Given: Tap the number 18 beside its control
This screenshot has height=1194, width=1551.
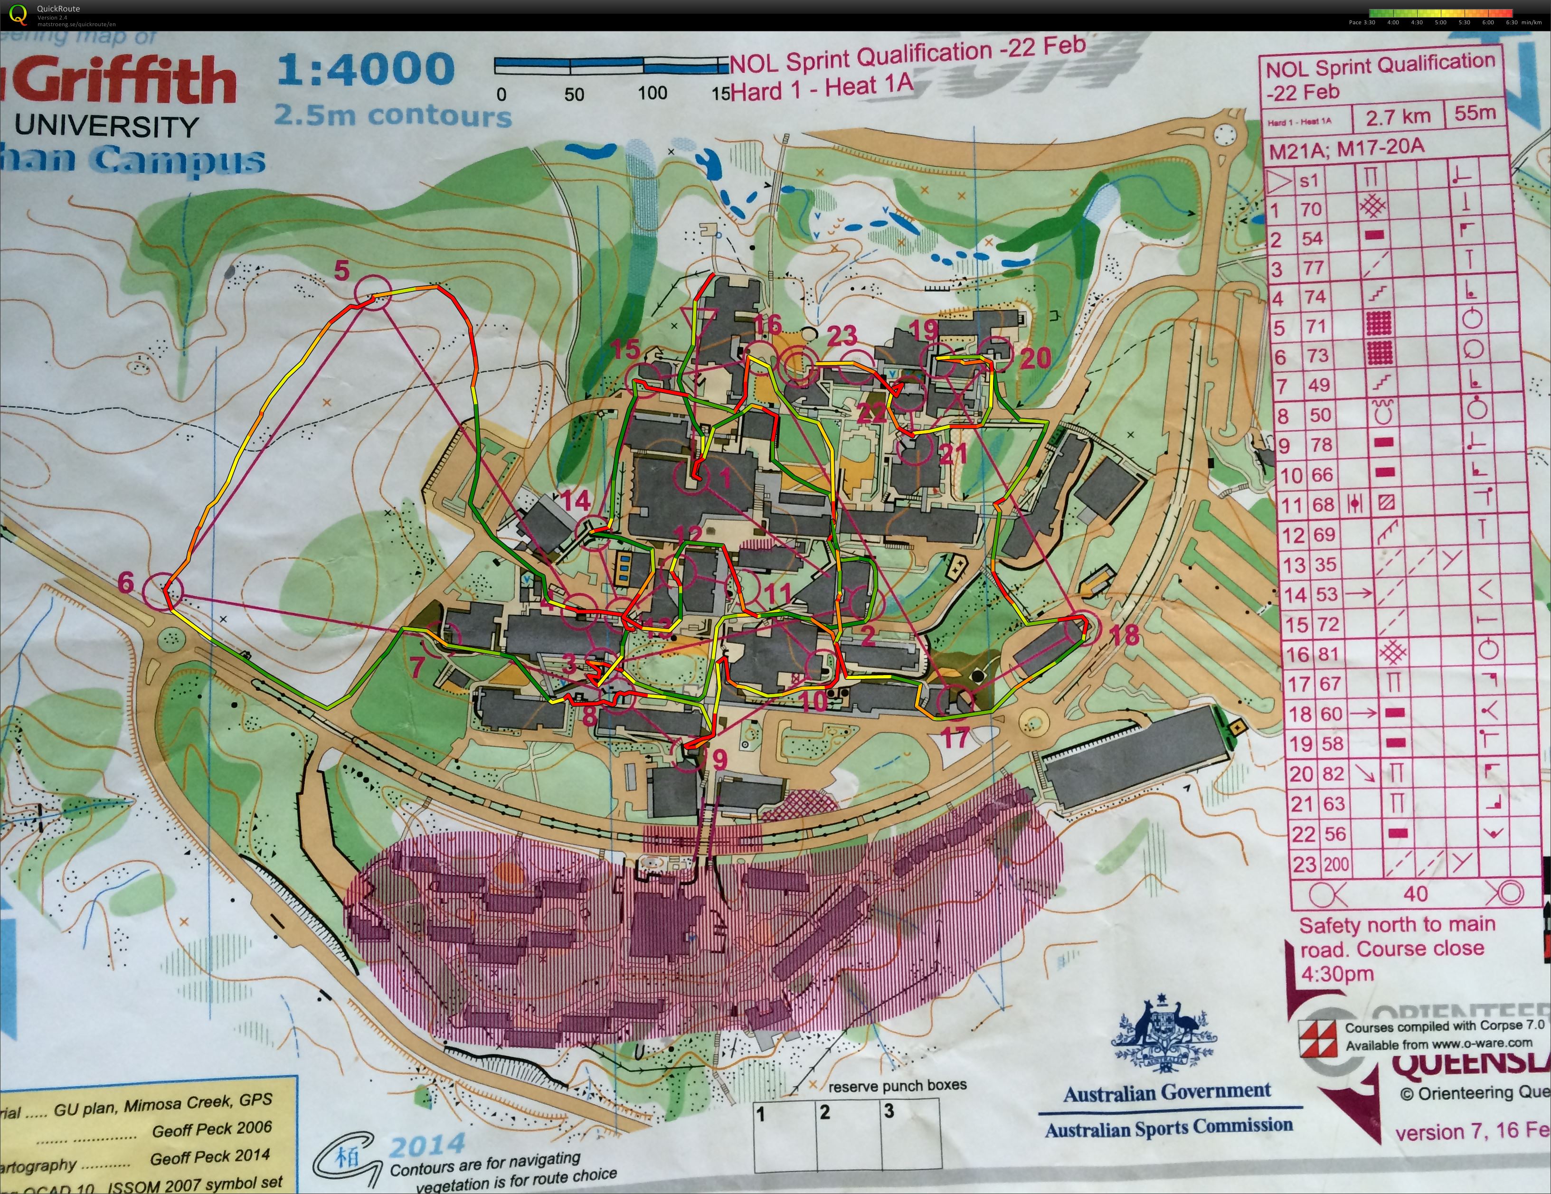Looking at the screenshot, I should tap(1124, 635).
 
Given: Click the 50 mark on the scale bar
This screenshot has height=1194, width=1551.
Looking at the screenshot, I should tap(573, 94).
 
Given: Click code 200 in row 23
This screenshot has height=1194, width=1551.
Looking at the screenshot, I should tap(1335, 865).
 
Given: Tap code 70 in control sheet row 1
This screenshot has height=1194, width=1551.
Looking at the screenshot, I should tap(1311, 209).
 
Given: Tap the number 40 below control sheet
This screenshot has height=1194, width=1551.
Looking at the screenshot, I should tap(1415, 893).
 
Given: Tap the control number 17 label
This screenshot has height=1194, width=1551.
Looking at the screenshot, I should tap(955, 738).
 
